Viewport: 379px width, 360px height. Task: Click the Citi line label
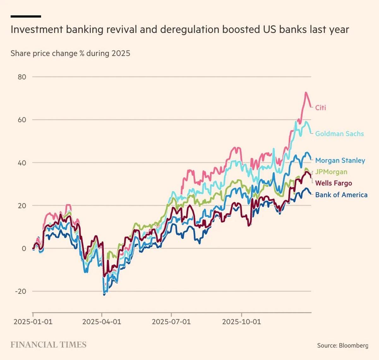click(320, 108)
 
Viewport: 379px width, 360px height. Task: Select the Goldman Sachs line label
click(339, 134)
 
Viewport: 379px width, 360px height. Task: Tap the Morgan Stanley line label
click(340, 160)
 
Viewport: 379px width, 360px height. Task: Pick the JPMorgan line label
click(331, 172)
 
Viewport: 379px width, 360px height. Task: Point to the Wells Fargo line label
click(333, 183)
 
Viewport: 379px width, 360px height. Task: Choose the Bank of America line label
click(341, 195)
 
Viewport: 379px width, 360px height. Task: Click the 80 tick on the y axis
click(22, 77)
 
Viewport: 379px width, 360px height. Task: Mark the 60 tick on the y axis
click(22, 120)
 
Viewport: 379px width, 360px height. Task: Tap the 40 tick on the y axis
click(22, 163)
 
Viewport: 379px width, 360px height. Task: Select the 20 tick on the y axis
click(22, 206)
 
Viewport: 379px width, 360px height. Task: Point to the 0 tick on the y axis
click(24, 249)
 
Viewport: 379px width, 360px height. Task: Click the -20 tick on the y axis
click(21, 291)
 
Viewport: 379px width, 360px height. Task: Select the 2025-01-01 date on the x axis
click(33, 322)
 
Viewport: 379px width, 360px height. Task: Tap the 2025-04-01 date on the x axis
click(102, 322)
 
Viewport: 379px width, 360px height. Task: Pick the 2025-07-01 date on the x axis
click(171, 322)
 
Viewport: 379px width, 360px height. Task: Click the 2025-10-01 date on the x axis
click(242, 322)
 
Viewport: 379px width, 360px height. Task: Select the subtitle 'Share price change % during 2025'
click(70, 53)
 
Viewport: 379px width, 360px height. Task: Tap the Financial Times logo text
click(48, 345)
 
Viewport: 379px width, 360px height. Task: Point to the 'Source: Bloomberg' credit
click(342, 345)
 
